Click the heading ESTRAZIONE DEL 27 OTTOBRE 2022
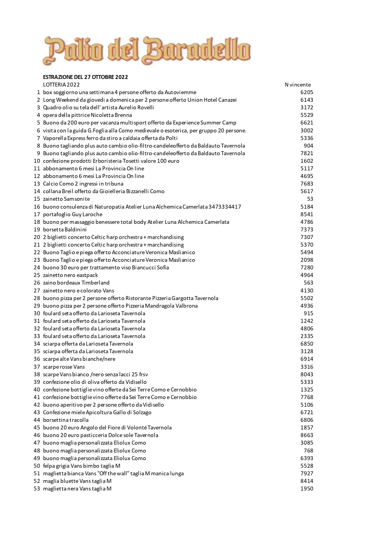coord(86,77)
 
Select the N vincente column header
coord(297,85)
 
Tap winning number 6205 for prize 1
coord(307,92)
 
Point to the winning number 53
coord(310,199)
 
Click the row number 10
coord(37,161)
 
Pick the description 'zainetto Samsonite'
coord(66,199)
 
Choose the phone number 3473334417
coord(225,207)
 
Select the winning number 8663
coord(307,435)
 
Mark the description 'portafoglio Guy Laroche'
coord(72,214)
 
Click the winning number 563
coord(308,283)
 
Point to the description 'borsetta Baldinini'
coord(65,230)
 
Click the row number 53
coord(37,489)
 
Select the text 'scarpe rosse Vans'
coord(64,367)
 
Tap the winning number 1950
coord(307,489)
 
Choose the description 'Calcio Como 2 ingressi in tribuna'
coord(83,184)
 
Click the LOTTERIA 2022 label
coord(62,85)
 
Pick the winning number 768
coord(308,451)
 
